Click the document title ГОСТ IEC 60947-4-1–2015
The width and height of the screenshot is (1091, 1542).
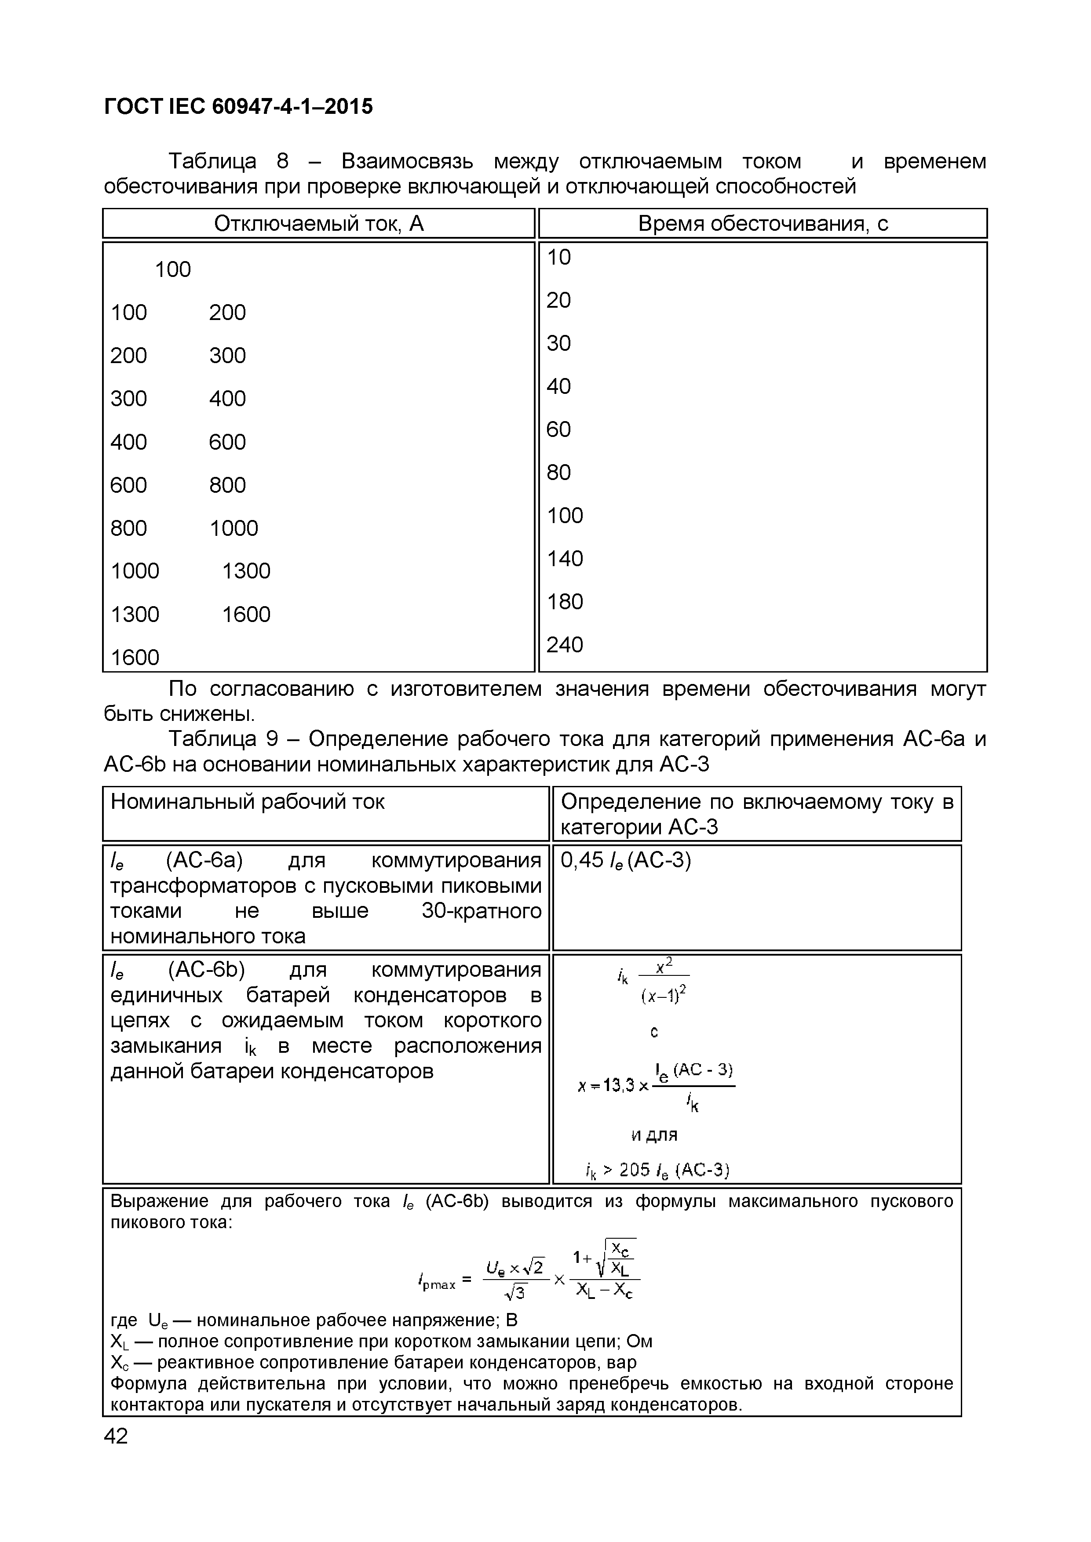tap(238, 106)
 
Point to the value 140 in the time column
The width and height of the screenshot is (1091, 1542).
tap(564, 558)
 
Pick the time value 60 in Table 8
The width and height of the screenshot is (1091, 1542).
tap(558, 429)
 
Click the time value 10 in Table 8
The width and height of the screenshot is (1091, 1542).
tap(558, 257)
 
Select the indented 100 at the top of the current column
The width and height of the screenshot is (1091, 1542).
tap(173, 270)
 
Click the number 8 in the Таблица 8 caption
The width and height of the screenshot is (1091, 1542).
tap(282, 162)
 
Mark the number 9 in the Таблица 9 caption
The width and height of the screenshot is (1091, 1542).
tap(272, 739)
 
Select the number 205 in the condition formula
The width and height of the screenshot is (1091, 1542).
tap(635, 1171)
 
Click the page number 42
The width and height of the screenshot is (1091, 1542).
tap(116, 1436)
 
